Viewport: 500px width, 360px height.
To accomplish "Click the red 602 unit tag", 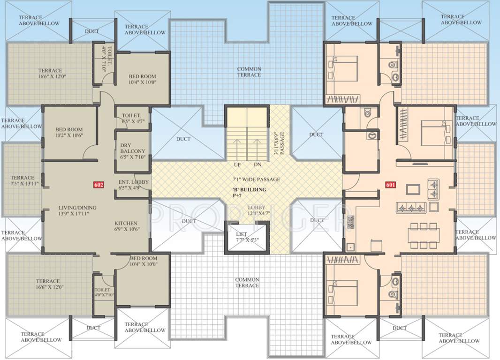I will pyautogui.click(x=98, y=185).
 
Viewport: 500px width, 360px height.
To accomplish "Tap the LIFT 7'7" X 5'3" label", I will pyautogui.click(x=247, y=237).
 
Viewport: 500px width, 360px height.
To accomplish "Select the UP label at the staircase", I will pyautogui.click(x=237, y=165).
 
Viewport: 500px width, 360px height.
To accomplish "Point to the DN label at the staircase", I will pyautogui.click(x=257, y=165).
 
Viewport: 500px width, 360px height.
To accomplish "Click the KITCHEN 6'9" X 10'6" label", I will pyautogui.click(x=126, y=226).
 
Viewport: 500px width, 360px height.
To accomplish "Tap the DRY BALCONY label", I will pyautogui.click(x=133, y=151).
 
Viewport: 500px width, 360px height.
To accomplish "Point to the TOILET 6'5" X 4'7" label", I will pyautogui.click(x=133, y=118).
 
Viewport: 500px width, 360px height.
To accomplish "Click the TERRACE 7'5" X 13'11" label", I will pyautogui.click(x=23, y=181).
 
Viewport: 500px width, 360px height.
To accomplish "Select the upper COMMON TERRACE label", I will pyautogui.click(x=249, y=72).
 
